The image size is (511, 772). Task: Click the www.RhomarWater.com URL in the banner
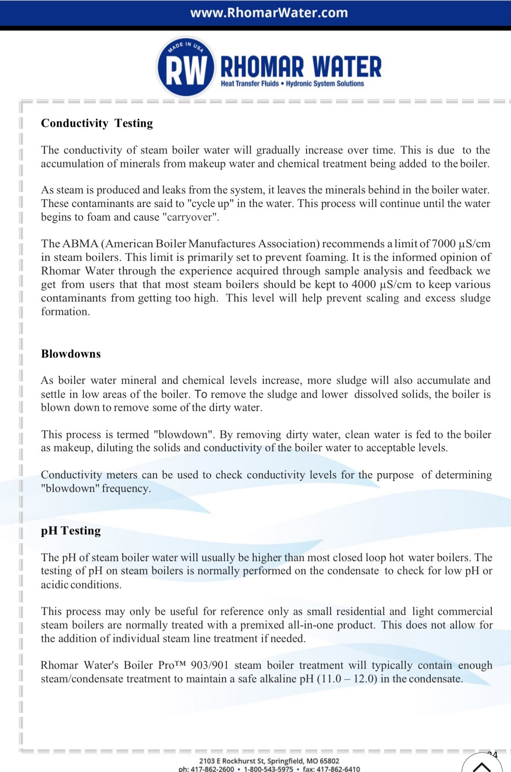(x=269, y=13)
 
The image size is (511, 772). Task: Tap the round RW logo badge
(x=186, y=67)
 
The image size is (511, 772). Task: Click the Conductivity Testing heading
(x=97, y=123)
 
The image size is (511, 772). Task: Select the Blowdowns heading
(x=71, y=354)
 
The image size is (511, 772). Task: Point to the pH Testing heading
(x=71, y=530)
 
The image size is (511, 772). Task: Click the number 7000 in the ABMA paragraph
(x=443, y=244)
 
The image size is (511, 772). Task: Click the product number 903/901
(x=210, y=665)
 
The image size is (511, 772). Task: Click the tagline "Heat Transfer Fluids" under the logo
(x=249, y=83)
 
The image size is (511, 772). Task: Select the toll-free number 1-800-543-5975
(x=268, y=769)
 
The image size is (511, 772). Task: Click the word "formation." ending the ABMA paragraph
(x=66, y=312)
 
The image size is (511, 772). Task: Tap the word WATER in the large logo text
(x=347, y=67)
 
